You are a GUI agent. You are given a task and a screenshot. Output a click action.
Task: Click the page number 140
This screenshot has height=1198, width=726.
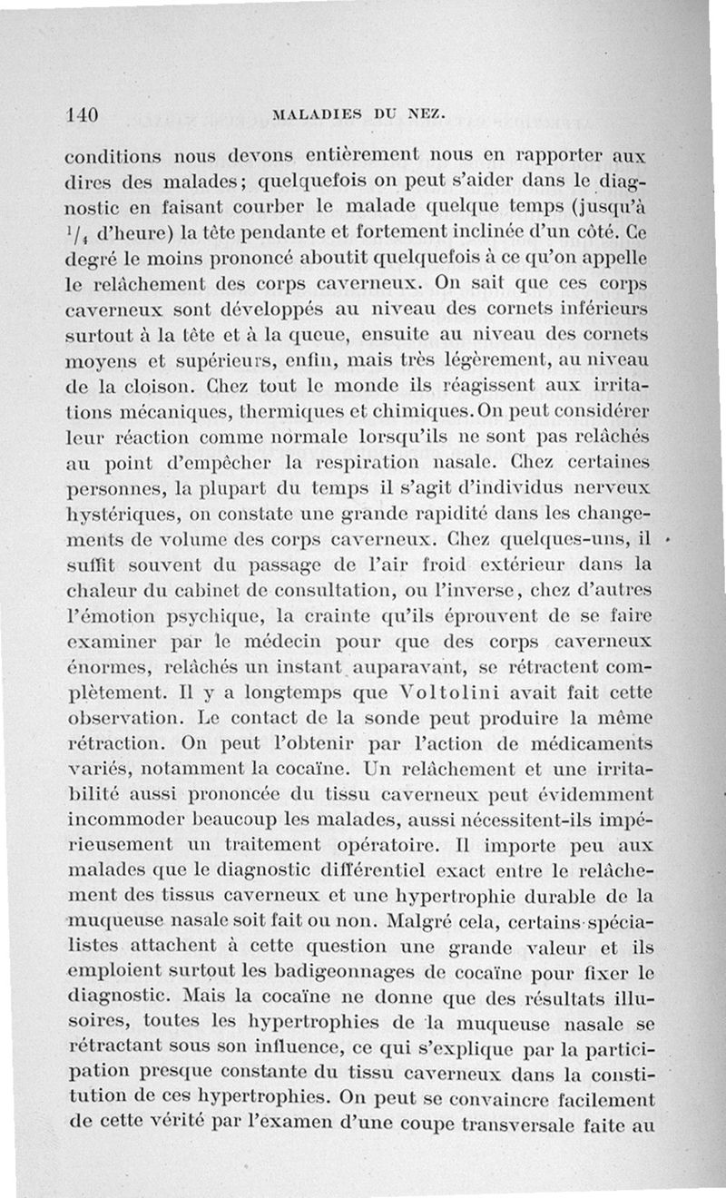(x=83, y=115)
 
